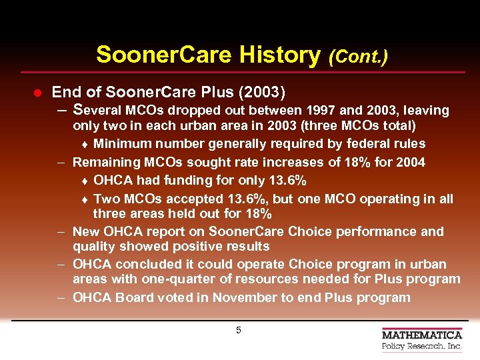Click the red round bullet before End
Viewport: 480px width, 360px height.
pos(38,91)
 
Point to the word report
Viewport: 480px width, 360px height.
pos(181,232)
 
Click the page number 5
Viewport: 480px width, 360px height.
pos(239,331)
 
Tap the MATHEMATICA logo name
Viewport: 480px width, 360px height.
pos(422,335)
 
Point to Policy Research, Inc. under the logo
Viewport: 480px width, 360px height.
pos(422,347)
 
